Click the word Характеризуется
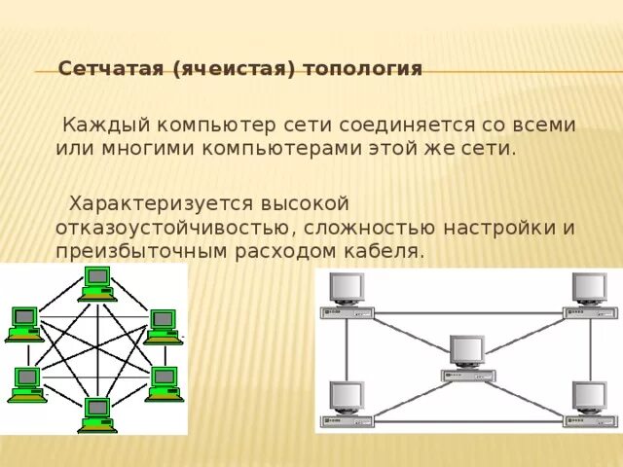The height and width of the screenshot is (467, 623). point(160,203)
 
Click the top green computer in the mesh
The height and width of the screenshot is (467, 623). point(97,283)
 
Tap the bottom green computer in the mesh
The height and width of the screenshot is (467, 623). point(97,413)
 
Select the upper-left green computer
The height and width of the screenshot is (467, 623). point(25,323)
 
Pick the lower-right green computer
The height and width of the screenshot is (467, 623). point(164,383)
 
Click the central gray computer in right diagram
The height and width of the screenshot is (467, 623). point(467,357)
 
